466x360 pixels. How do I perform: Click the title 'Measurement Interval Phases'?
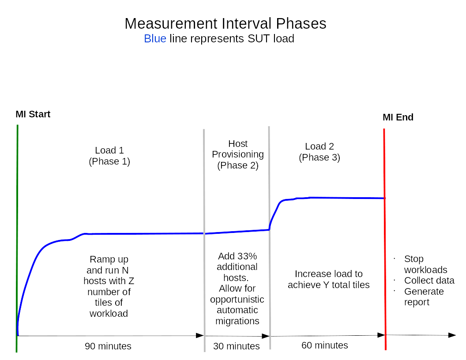(225, 23)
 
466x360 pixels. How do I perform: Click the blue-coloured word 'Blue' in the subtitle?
(155, 39)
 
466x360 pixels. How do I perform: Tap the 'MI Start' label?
(33, 114)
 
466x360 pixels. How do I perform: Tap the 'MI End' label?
(398, 117)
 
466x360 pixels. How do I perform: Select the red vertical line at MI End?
(384, 265)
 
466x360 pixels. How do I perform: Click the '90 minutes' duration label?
(108, 346)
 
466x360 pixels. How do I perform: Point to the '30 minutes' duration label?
(237, 346)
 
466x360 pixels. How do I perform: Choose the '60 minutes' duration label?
(325, 345)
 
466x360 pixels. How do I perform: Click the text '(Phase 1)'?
(109, 161)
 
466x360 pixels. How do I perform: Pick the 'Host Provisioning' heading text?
(238, 149)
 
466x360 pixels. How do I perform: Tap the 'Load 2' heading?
(319, 146)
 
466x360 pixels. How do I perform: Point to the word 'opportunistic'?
(237, 300)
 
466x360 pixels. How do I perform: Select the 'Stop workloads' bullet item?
(425, 264)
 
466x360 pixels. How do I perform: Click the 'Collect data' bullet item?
(429, 281)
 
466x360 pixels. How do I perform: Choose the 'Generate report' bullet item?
(423, 297)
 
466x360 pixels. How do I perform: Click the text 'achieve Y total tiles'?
(328, 285)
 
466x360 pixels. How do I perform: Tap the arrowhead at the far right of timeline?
(452, 335)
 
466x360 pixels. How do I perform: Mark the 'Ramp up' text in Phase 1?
(109, 259)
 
